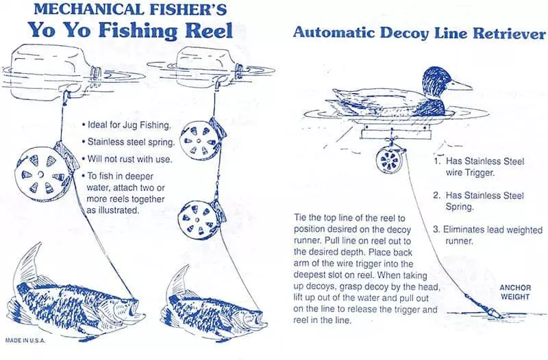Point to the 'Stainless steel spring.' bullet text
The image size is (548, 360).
[x=128, y=142]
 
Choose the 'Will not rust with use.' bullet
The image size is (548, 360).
[x=127, y=159]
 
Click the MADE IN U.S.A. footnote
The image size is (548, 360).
[x=25, y=340]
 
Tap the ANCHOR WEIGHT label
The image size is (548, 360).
[x=515, y=292]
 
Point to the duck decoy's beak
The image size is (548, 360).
[x=460, y=85]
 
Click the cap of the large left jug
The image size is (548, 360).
[x=96, y=73]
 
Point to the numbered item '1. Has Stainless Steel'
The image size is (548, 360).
[x=479, y=161]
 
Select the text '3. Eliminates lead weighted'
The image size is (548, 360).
[x=488, y=229]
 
